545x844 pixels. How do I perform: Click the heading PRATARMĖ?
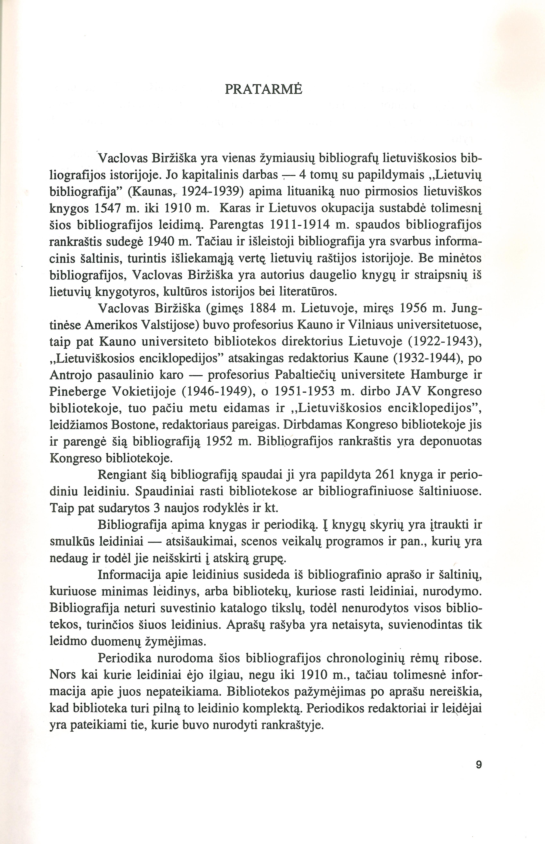tap(264, 89)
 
